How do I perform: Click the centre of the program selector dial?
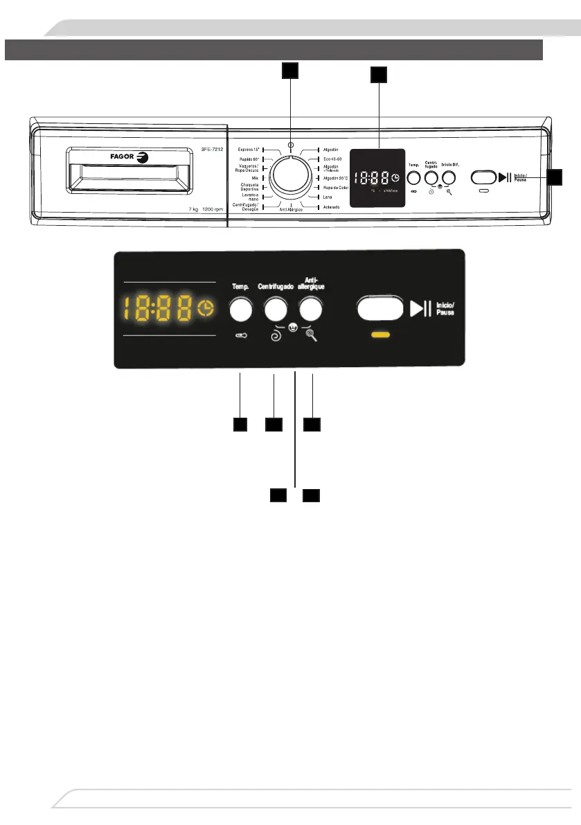(291, 177)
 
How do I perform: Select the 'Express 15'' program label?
(247, 149)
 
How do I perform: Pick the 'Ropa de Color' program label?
(336, 188)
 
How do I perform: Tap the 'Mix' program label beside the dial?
(255, 178)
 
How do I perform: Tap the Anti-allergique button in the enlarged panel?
(311, 310)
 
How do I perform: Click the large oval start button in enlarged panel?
(379, 309)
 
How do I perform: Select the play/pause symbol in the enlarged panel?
(420, 309)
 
